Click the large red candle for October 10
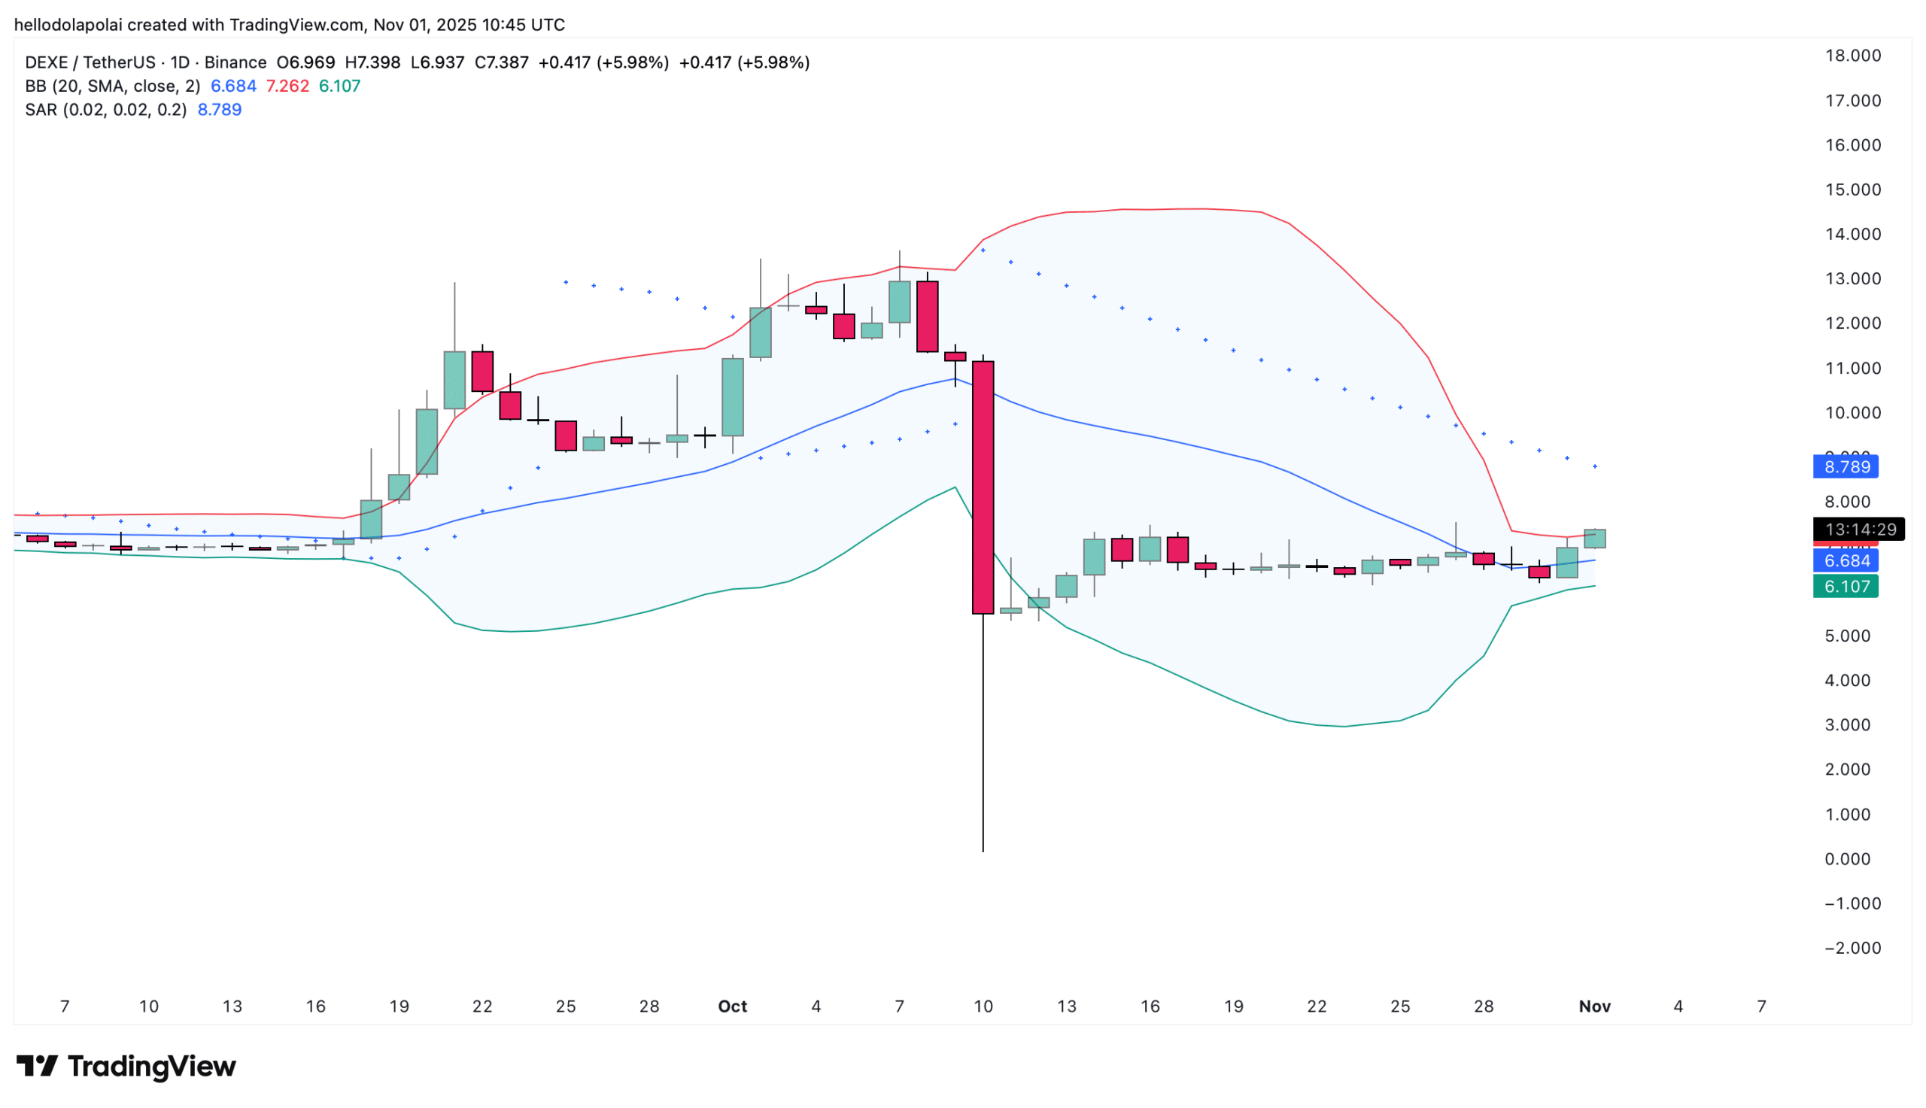tap(983, 487)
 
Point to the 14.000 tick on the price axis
tap(1852, 235)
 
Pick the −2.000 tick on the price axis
tap(1852, 949)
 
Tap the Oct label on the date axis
tap(732, 1006)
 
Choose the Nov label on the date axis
tap(1594, 1006)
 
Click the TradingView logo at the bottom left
tap(126, 1066)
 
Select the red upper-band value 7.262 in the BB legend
tap(287, 86)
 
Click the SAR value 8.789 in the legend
tap(219, 110)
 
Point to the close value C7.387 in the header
tap(501, 62)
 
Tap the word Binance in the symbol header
tap(235, 62)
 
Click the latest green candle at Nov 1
tap(1594, 539)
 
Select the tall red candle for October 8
tap(927, 317)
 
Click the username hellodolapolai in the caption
tap(68, 25)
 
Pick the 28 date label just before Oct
tap(649, 1006)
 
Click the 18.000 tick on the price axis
tap(1852, 56)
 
